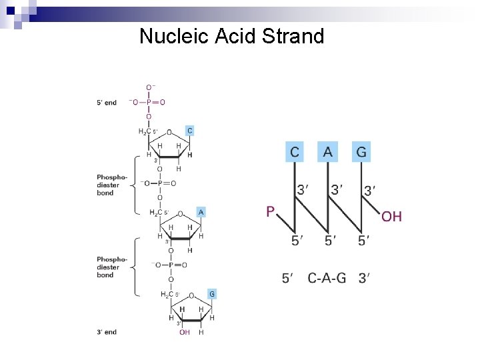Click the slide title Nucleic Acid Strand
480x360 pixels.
pos(231,36)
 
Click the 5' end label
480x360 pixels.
pos(107,103)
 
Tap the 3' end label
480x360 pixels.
pos(107,332)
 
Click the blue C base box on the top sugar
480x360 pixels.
pos(189,131)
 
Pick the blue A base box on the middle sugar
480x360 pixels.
pos(201,212)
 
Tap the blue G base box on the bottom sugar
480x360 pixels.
pos(211,293)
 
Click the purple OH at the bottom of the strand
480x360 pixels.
pos(185,332)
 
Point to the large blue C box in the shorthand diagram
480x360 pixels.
pos(295,153)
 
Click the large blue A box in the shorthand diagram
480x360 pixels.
pos(327,153)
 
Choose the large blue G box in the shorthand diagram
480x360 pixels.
pos(361,153)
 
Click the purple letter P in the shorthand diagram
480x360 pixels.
pos(270,212)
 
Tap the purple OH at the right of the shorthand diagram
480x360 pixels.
pos(391,216)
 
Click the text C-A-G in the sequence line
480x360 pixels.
pos(327,278)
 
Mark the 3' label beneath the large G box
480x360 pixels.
pos(369,191)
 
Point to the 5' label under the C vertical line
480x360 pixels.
pos(297,241)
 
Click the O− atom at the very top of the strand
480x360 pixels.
pos(151,87)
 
